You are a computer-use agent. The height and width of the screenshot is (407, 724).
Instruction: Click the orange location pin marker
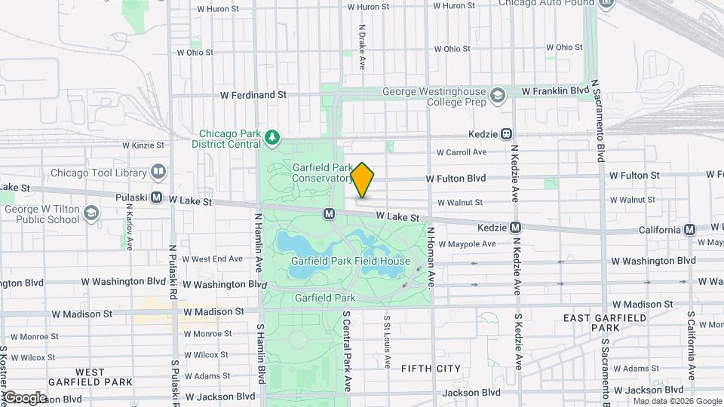pyautogui.click(x=363, y=180)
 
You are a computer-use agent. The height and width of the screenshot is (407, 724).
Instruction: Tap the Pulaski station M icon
pyautogui.click(x=157, y=197)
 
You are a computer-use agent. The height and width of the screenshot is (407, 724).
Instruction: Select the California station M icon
pyautogui.click(x=689, y=229)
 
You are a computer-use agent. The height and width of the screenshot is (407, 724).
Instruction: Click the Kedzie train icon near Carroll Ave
pyautogui.click(x=507, y=134)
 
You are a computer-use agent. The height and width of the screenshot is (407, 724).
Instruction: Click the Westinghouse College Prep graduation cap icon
pyautogui.click(x=498, y=96)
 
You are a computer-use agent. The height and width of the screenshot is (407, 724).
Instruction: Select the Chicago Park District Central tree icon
pyautogui.click(x=272, y=138)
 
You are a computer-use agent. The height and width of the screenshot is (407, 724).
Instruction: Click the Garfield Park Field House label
pyautogui.click(x=351, y=261)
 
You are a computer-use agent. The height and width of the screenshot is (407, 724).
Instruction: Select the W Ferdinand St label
pyautogui.click(x=253, y=96)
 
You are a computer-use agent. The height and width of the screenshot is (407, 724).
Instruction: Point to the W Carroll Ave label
pyautogui.click(x=462, y=152)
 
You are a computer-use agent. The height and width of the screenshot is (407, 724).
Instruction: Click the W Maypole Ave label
pyautogui.click(x=467, y=244)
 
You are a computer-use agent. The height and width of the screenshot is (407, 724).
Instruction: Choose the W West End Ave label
pyautogui.click(x=212, y=259)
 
